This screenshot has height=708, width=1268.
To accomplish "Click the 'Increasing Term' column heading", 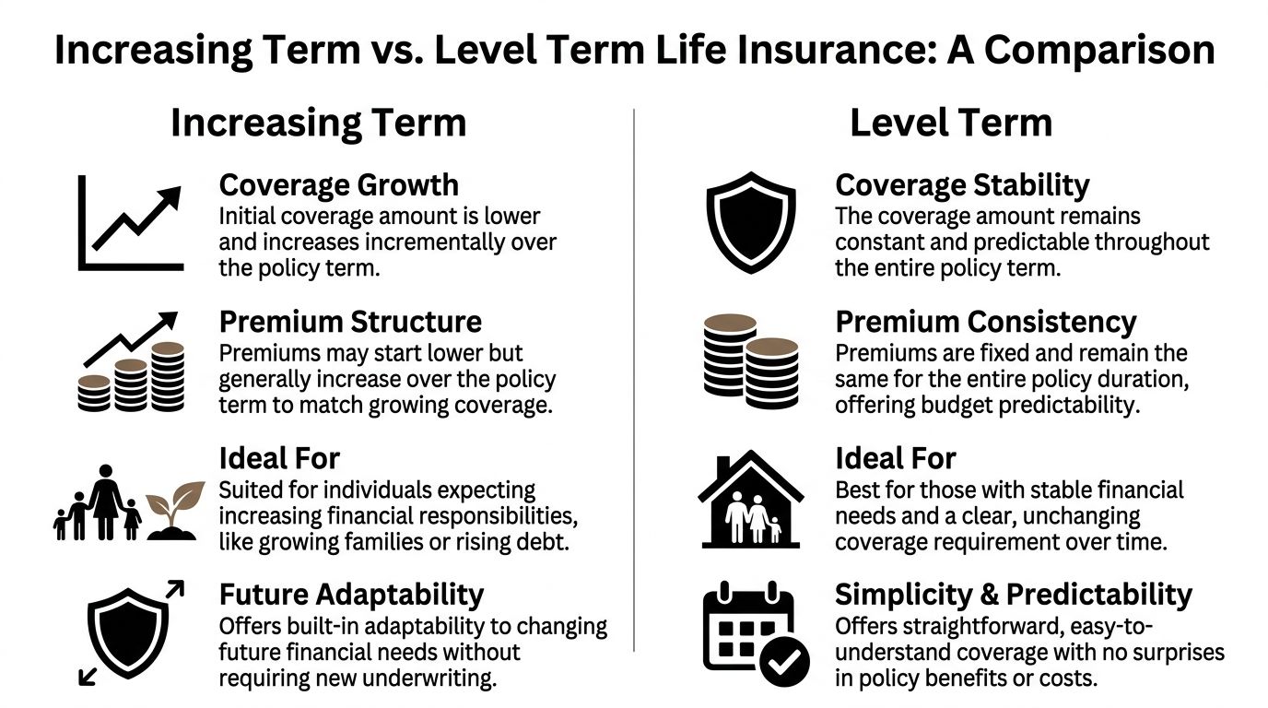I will coord(318,123).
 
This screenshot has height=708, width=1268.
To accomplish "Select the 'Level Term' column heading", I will coord(950,123).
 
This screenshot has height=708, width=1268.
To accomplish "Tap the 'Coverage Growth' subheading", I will coord(338,185).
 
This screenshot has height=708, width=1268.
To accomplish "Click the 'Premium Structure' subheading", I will coord(350,322).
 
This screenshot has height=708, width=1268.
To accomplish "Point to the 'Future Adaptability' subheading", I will coord(351,594).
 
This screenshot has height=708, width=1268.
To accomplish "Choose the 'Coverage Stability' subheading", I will coord(962,185).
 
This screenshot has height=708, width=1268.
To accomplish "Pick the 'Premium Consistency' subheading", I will coord(985,322).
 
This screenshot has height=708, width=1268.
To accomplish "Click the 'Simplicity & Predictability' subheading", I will coord(1013,594).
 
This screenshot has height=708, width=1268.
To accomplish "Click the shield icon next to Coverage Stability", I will coord(750,222).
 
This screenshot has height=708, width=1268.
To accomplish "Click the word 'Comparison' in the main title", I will coord(1099,50).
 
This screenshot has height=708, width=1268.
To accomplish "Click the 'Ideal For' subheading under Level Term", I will coord(895,458).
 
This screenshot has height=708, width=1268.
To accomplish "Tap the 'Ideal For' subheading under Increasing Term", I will coord(279,458).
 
